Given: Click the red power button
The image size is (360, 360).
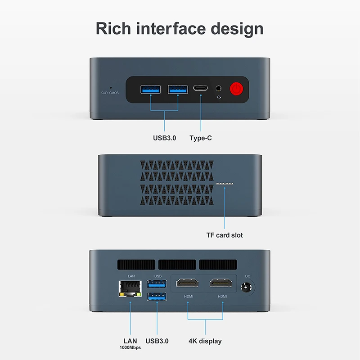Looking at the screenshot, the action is [x=237, y=88].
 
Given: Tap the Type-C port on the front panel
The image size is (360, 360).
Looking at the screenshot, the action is [x=201, y=88].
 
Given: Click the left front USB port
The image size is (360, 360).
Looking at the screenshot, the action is [x=150, y=89].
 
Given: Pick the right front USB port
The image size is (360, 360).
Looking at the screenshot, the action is [x=178, y=89].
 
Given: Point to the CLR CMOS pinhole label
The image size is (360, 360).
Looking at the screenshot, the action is [x=110, y=92].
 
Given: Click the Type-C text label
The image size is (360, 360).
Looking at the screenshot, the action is [x=201, y=138].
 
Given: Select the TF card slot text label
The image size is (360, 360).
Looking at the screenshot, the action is [x=225, y=235].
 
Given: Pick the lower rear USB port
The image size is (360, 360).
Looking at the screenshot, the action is [x=157, y=296].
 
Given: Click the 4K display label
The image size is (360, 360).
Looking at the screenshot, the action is [x=205, y=341].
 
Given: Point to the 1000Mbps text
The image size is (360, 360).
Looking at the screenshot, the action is [x=130, y=348].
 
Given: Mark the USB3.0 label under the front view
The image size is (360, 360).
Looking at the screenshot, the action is [x=164, y=138].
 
